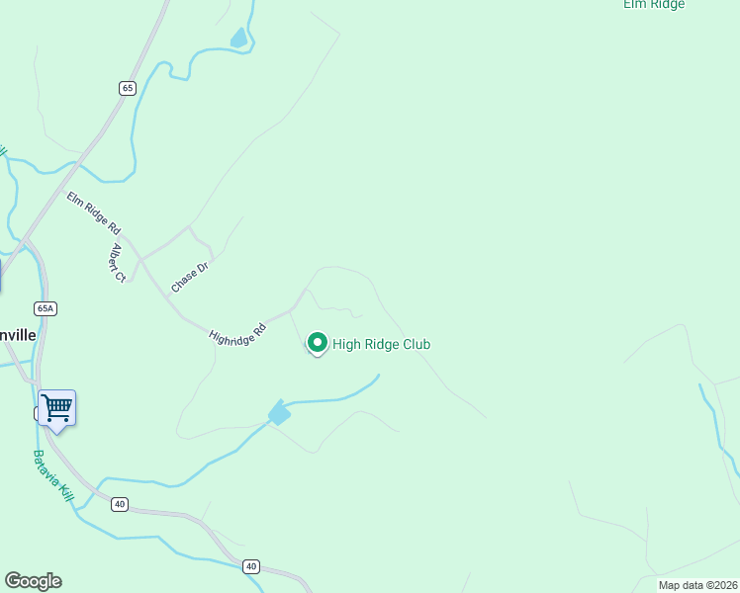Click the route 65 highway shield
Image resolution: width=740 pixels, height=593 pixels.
click(x=128, y=88)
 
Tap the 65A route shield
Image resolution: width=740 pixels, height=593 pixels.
click(x=46, y=308)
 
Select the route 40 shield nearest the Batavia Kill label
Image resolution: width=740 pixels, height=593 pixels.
click(x=120, y=504)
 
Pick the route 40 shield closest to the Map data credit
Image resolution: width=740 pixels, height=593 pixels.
click(x=251, y=566)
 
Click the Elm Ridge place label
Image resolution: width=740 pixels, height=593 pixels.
click(x=654, y=5)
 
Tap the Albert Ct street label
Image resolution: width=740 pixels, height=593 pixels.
click(x=118, y=262)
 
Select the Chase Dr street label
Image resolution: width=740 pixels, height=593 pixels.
click(x=190, y=275)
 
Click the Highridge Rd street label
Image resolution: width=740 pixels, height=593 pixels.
click(x=238, y=331)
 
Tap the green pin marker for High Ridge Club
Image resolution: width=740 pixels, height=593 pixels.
click(x=318, y=343)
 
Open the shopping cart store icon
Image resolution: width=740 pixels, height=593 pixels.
click(x=57, y=407)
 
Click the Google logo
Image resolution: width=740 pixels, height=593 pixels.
click(x=33, y=581)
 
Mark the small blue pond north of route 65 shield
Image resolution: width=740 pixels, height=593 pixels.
click(x=238, y=39)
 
